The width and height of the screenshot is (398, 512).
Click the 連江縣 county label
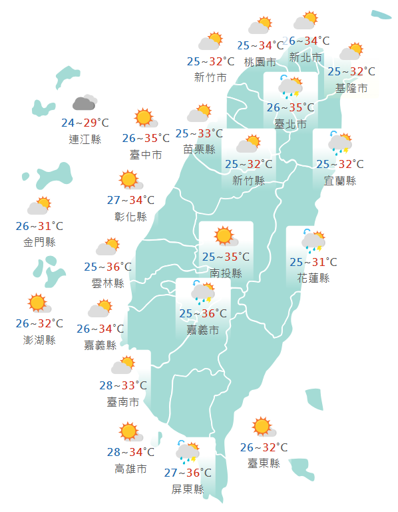point(85,139)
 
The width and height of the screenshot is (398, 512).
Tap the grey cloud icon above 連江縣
point(85,103)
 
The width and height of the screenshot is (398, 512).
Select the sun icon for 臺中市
point(144,118)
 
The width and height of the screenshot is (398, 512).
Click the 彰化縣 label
point(130,217)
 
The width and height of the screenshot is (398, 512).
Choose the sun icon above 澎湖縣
point(38,303)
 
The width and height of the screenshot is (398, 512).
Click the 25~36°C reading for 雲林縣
point(108,267)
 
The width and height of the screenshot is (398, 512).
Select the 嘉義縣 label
point(100,345)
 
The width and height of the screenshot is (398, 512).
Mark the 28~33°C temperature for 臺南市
point(123,385)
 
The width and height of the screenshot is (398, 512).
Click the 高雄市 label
point(130,469)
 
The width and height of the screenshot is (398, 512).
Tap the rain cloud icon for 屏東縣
point(188,453)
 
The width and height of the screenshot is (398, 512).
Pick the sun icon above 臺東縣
point(262,426)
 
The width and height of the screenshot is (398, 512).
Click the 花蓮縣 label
point(313,278)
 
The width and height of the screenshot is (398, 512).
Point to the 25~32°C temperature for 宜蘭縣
point(340,164)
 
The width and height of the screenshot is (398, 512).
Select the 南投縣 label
point(226,273)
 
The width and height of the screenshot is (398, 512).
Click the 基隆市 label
point(351,87)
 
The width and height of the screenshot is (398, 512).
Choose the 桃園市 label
point(260,62)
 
